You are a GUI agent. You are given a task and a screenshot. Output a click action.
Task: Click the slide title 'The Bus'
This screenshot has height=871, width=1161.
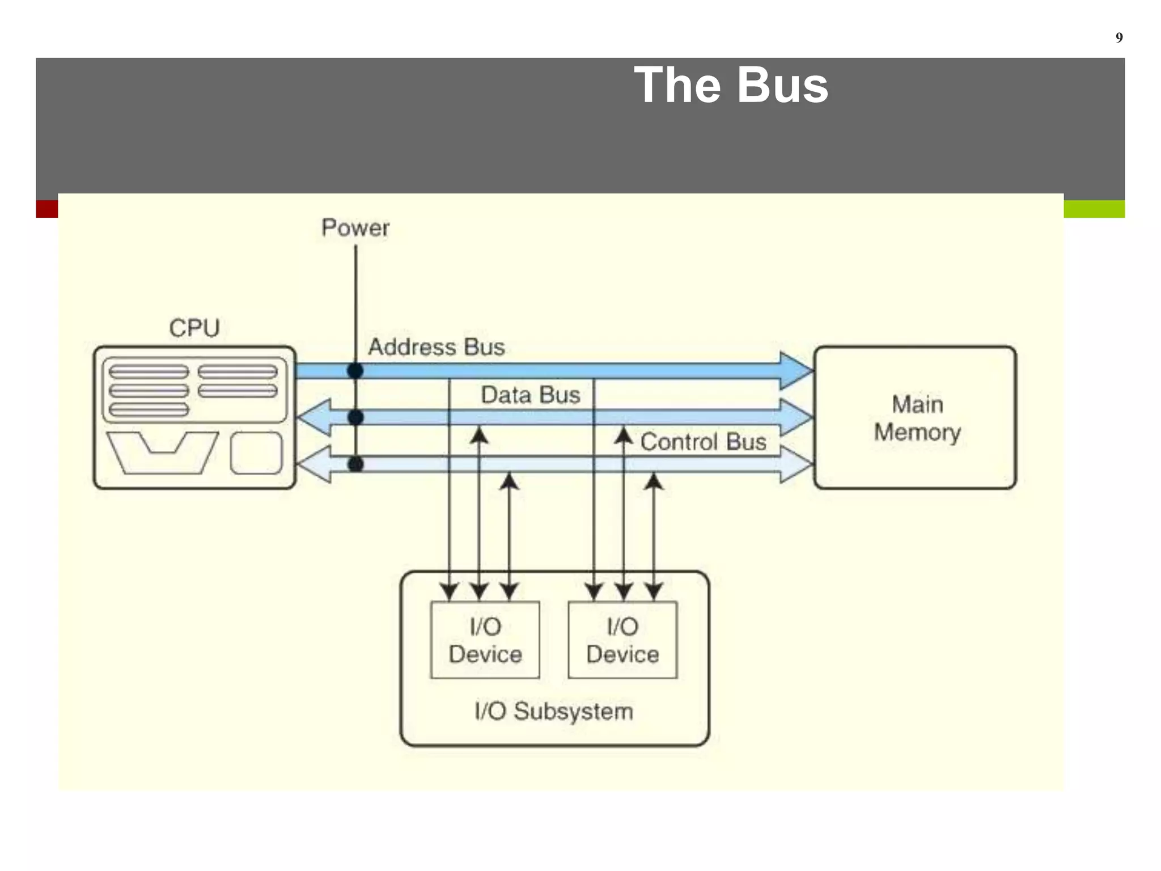pos(731,85)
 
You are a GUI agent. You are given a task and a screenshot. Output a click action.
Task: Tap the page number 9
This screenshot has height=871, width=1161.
pos(1118,37)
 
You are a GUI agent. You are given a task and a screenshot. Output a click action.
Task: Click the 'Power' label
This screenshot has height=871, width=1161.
pos(355,228)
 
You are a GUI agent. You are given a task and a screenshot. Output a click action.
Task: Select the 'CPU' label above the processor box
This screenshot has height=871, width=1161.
pos(194,328)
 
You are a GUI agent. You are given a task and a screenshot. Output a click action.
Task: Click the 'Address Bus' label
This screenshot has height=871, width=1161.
pos(436,347)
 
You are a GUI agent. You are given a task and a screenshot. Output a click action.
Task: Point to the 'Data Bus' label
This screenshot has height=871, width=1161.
pos(530,395)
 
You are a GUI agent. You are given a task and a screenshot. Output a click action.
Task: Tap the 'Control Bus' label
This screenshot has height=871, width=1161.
pos(703,442)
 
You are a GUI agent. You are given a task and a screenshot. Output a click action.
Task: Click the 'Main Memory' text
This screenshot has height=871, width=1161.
pos(917,418)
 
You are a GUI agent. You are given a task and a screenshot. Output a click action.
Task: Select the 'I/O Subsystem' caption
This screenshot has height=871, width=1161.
pos(554,711)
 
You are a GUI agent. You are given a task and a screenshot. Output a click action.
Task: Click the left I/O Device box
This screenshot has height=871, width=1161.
pos(485,640)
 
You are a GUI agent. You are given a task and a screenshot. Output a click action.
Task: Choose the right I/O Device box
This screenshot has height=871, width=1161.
pos(622,640)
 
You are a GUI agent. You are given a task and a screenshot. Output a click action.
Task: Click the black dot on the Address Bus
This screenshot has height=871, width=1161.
pos(355,371)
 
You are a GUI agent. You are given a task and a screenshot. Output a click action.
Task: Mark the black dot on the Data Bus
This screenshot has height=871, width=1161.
pos(355,418)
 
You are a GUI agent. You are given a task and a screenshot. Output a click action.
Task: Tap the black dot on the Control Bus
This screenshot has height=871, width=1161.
pos(355,464)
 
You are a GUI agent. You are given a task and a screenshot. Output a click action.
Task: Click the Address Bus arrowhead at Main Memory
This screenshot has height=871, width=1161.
pos(796,371)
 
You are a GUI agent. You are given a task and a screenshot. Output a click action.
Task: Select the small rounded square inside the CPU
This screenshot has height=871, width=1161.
pos(256,453)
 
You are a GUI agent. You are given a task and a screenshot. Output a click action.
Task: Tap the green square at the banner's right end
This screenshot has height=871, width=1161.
pos(1094,209)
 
